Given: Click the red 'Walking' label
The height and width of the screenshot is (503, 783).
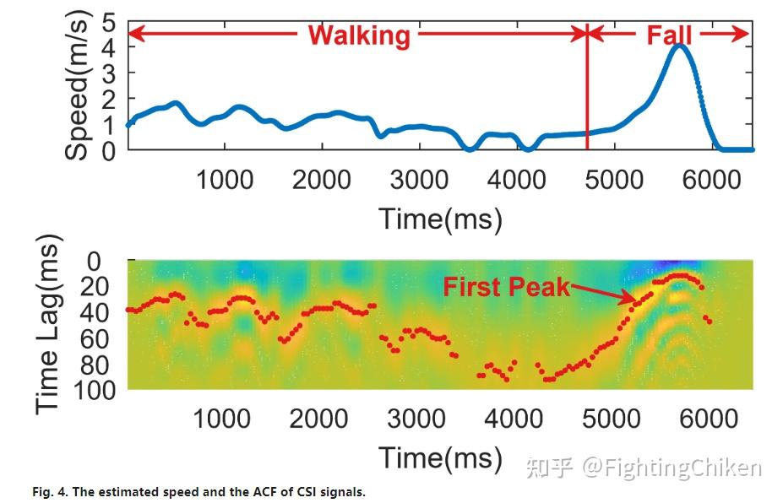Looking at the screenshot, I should pyautogui.click(x=359, y=35).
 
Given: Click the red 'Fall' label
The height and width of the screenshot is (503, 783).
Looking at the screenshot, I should pyautogui.click(x=669, y=35).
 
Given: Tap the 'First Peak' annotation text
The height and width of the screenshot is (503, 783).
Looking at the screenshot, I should pyautogui.click(x=506, y=287).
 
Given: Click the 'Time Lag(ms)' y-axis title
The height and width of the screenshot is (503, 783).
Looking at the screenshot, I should pyautogui.click(x=51, y=326).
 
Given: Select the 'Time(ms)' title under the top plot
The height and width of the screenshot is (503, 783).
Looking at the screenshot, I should pyautogui.click(x=440, y=219).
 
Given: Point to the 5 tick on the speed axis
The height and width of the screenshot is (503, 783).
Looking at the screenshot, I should pyautogui.click(x=108, y=22).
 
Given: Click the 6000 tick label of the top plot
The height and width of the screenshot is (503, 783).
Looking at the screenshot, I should pyautogui.click(x=711, y=179).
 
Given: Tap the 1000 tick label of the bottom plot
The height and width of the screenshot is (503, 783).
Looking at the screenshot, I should pyautogui.click(x=223, y=418).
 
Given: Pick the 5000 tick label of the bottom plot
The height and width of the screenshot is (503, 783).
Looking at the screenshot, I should pyautogui.click(x=612, y=418).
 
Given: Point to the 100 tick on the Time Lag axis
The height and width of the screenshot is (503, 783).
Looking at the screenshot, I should pyautogui.click(x=99, y=389).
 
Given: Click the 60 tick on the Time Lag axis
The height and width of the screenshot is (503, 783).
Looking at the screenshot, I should pyautogui.click(x=105, y=338).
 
